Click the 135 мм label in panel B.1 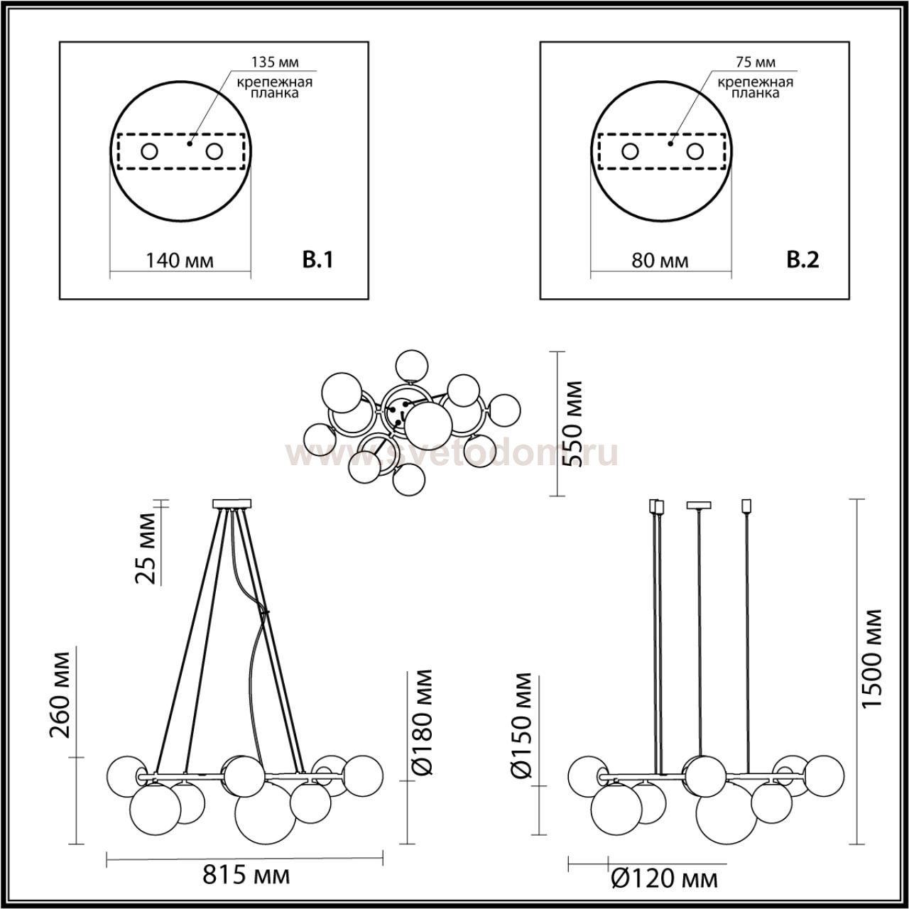click(275, 62)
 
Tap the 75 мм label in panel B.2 click(755, 62)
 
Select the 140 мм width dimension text click(179, 261)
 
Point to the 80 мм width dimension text click(660, 261)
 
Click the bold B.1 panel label click(317, 260)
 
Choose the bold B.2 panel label click(802, 260)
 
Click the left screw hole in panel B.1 click(150, 152)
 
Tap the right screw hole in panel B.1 click(214, 152)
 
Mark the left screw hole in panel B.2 click(630, 152)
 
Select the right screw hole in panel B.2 click(695, 152)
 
